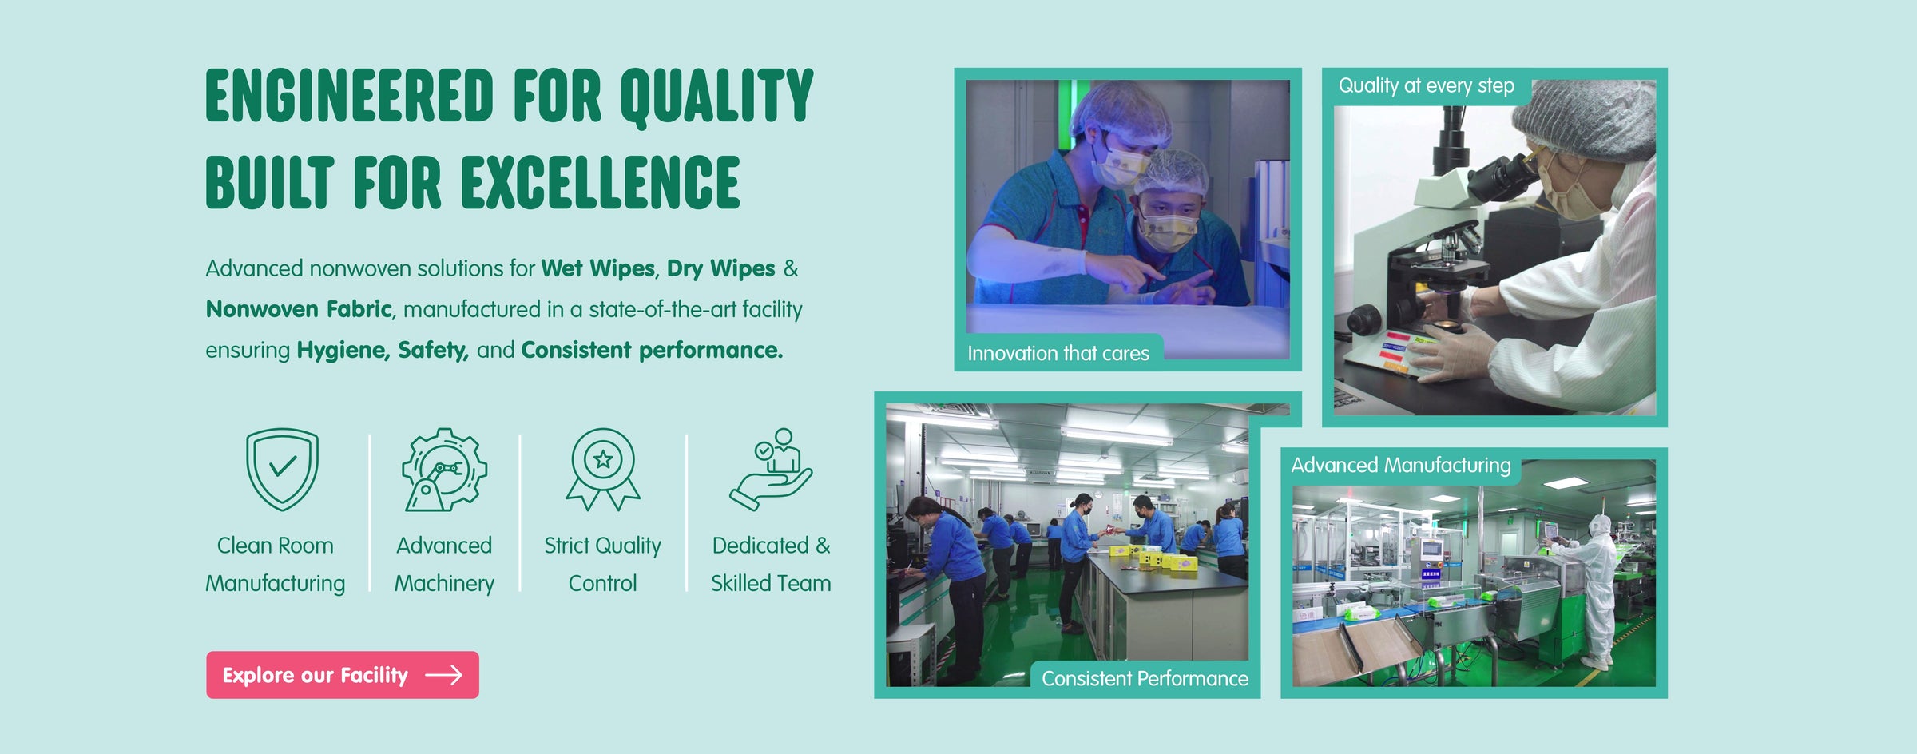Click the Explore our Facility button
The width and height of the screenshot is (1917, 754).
[343, 675]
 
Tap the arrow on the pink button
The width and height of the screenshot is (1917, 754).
[443, 675]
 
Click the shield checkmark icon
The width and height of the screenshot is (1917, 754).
[282, 470]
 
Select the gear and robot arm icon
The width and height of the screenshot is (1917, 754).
[444, 470]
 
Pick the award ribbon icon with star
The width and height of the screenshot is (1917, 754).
[603, 470]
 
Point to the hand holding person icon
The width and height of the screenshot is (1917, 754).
[771, 470]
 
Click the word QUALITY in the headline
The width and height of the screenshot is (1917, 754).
[716, 97]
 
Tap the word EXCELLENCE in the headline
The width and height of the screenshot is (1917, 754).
[600, 183]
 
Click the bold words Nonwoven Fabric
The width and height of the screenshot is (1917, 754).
[299, 309]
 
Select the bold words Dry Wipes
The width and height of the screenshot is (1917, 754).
[720, 269]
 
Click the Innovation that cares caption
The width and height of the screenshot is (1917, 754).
[1058, 353]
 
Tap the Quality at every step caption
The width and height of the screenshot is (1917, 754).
[1426, 85]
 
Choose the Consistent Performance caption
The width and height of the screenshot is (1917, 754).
[1145, 678]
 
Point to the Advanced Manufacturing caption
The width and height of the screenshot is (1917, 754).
[1401, 465]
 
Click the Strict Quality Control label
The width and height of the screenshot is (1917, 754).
[603, 564]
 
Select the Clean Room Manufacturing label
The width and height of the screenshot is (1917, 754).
[276, 564]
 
